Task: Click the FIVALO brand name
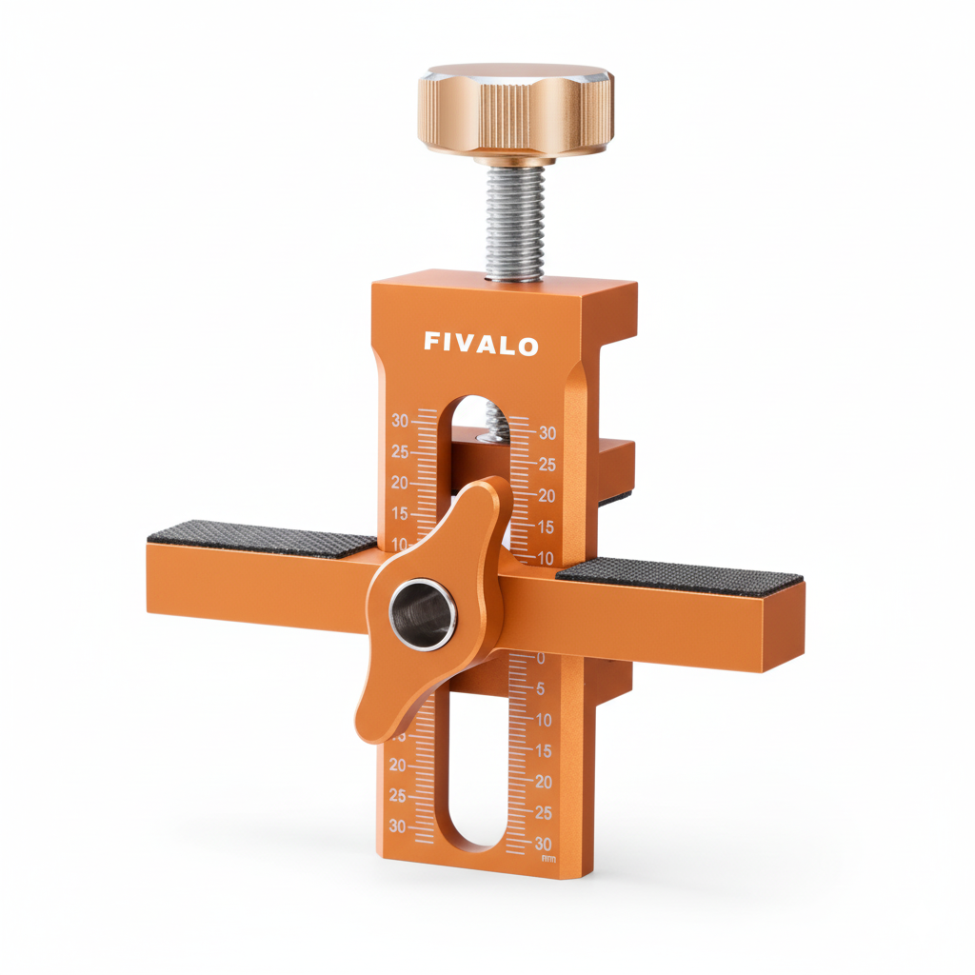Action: [481, 344]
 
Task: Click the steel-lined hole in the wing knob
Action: [424, 614]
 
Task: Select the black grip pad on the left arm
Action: [262, 539]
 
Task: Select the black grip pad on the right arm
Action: [680, 574]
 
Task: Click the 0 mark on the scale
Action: [541, 658]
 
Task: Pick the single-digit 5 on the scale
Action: [541, 688]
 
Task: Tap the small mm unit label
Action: [548, 859]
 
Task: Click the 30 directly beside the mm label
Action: [543, 844]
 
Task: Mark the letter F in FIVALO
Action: [431, 343]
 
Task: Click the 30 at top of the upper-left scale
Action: [399, 421]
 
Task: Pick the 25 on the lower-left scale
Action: [397, 795]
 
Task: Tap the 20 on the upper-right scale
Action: [546, 495]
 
